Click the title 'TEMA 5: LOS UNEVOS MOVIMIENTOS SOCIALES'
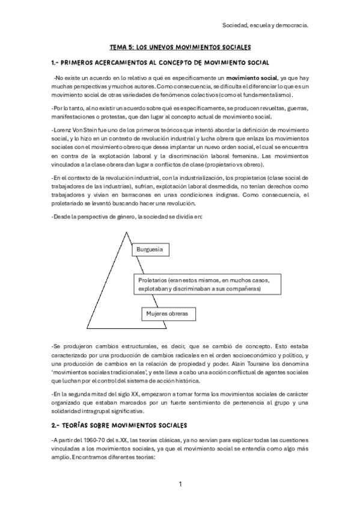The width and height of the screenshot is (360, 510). [x=180, y=46]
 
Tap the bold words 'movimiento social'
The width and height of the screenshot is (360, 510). [x=252, y=78]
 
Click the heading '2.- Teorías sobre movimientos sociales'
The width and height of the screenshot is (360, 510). [x=120, y=424]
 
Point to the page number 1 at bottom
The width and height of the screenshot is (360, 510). [x=180, y=484]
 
